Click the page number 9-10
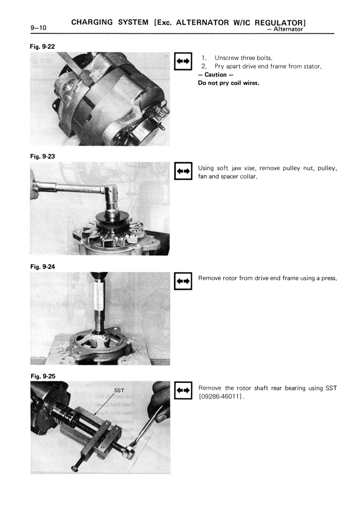[38, 28]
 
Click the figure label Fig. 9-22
[42, 46]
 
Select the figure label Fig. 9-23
[42, 156]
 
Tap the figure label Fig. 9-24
[42, 266]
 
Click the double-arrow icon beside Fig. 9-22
[182, 61]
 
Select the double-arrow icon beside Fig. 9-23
[182, 172]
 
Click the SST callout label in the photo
[119, 390]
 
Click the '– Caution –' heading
[216, 75]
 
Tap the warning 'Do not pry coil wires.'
[228, 83]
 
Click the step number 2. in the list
[204, 67]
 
